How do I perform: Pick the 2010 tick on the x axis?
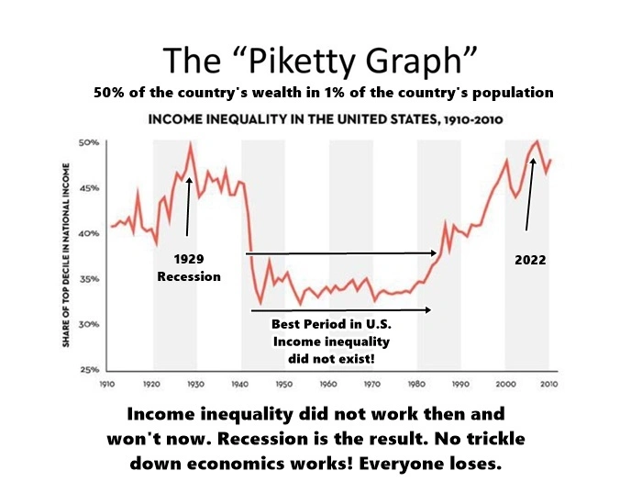548,381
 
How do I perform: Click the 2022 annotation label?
529,260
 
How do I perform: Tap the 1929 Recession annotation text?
189,267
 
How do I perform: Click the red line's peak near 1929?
191,143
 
